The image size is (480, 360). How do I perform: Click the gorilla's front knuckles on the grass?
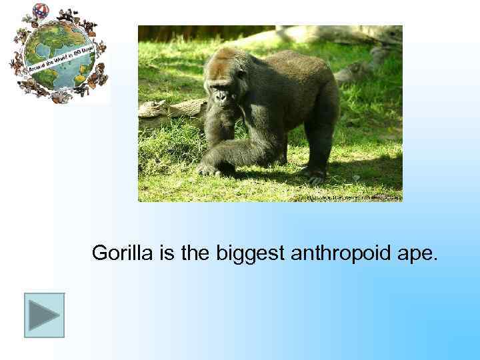pos(210,169)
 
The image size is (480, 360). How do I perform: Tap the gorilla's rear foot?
pos(313,175)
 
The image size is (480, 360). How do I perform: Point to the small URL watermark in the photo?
pos(353,197)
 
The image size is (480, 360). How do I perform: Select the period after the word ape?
pos(437,259)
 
